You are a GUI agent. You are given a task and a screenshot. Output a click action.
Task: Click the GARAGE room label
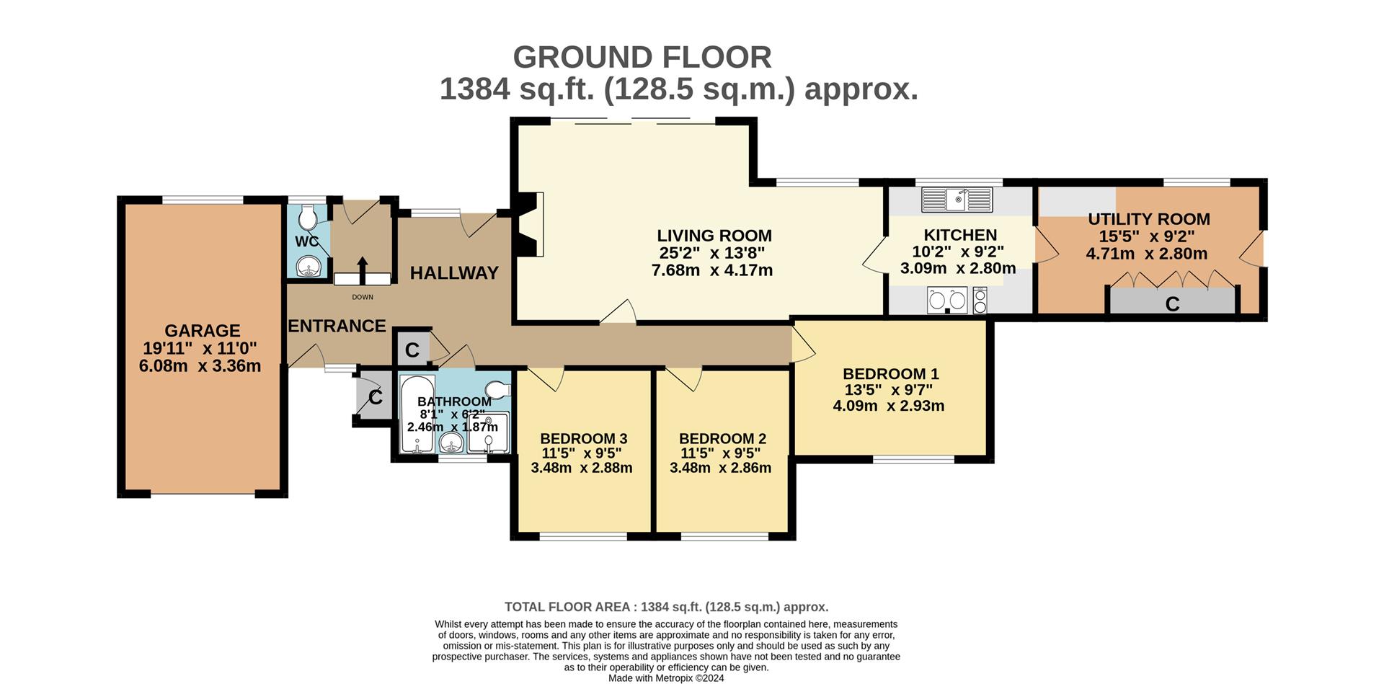(x=202, y=331)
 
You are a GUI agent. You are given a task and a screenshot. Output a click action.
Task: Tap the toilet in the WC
(x=308, y=215)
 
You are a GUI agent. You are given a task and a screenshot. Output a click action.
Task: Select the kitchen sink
(x=958, y=200)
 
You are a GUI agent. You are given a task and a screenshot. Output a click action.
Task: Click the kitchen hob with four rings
(x=980, y=300)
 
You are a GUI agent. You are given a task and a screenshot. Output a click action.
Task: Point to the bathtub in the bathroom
(x=417, y=414)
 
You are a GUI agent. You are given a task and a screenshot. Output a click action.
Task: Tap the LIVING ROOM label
(x=714, y=236)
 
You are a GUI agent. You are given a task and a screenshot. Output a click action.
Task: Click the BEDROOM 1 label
(x=891, y=374)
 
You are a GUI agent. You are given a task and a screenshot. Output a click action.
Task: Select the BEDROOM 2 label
(x=722, y=438)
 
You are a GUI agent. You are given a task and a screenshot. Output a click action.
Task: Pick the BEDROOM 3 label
(x=583, y=438)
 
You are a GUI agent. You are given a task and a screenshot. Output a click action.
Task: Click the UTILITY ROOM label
(x=1149, y=219)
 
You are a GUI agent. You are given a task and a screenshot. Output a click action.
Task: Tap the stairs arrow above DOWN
(x=363, y=271)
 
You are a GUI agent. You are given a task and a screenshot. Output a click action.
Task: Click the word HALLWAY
(x=454, y=273)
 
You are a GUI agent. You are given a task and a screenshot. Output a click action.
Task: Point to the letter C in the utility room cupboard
(x=1172, y=304)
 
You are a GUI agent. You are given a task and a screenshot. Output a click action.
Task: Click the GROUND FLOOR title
(x=642, y=57)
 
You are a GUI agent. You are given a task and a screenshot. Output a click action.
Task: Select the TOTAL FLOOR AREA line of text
(x=666, y=607)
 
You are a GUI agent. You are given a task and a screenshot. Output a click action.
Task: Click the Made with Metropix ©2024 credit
(x=666, y=678)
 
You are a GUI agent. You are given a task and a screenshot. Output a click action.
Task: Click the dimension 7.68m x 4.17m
(x=711, y=270)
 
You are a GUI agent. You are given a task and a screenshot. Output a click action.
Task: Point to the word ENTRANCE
(x=337, y=326)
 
